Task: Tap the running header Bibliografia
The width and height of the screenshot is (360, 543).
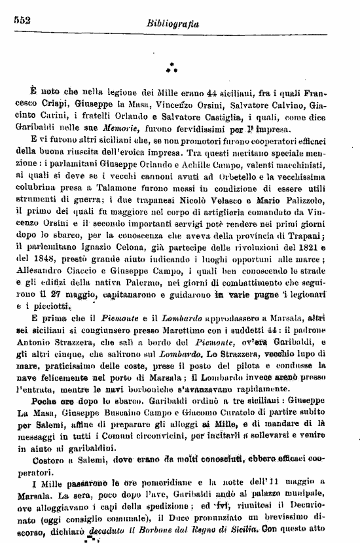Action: (x=174, y=25)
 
